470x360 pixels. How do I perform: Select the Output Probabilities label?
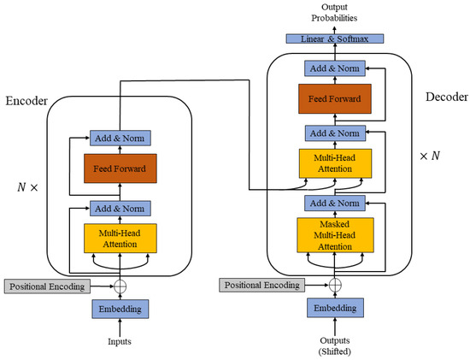[334, 12]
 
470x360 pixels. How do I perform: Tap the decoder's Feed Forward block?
[334, 99]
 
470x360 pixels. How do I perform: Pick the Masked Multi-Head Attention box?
[334, 234]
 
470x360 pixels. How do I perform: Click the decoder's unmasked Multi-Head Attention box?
[334, 164]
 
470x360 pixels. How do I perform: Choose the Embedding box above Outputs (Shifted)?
[334, 307]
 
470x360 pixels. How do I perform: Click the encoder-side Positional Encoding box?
[44, 285]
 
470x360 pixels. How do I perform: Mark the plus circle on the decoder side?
[334, 286]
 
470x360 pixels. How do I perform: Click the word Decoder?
[444, 97]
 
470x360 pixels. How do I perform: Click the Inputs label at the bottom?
[120, 343]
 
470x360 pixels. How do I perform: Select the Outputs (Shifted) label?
[334, 345]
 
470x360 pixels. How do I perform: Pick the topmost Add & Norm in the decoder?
[334, 68]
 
